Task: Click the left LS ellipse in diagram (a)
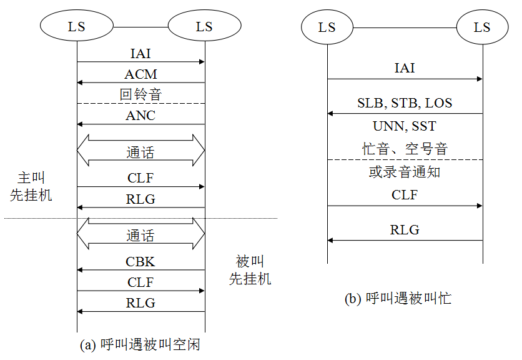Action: tap(77, 27)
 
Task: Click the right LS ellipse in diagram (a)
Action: tap(204, 27)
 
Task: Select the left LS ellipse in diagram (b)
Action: tap(327, 27)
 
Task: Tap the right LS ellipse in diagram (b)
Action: tap(482, 27)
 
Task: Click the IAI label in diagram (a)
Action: tap(140, 54)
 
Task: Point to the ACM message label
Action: tap(140, 74)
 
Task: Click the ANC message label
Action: tap(140, 116)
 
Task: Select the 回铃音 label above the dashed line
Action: tap(140, 95)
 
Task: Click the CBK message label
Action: tap(140, 262)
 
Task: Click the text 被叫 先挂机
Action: tap(250, 269)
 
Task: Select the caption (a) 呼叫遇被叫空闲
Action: tap(140, 344)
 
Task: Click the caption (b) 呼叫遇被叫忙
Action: tap(398, 299)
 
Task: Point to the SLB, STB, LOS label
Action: tap(405, 103)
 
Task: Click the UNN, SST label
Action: tap(405, 126)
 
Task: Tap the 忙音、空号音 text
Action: tap(405, 149)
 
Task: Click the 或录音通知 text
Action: tap(405, 172)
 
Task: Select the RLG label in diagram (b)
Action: tap(405, 229)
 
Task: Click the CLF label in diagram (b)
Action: tap(405, 195)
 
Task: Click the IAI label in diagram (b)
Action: tap(405, 68)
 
